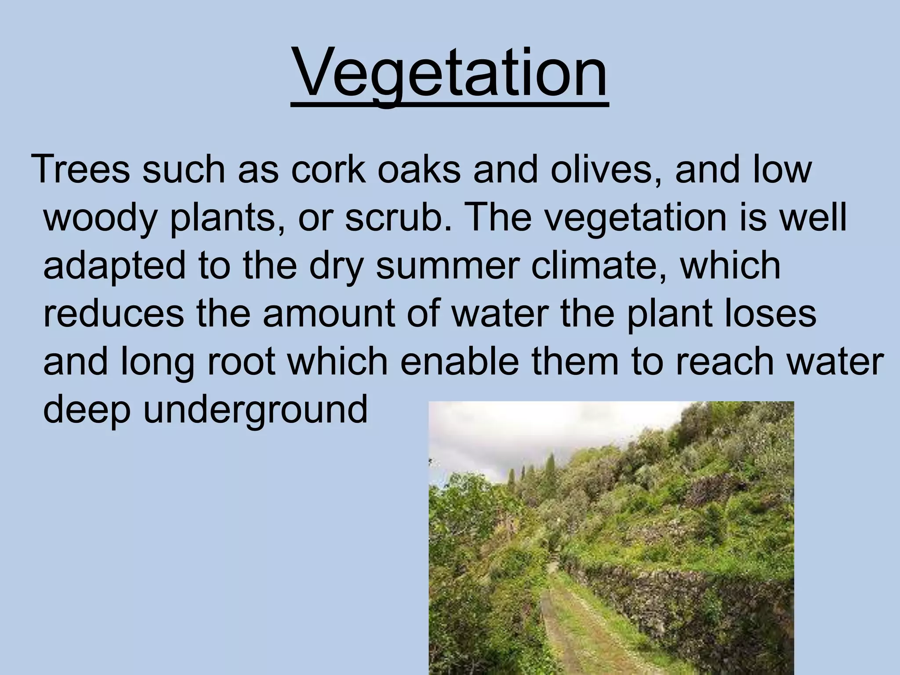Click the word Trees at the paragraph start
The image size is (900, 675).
click(x=82, y=170)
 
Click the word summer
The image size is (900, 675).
click(x=449, y=266)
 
